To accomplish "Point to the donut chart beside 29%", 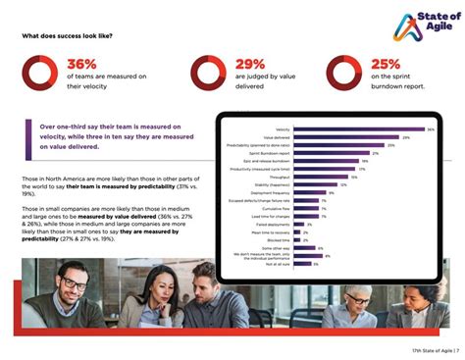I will pyautogui.click(x=208, y=73).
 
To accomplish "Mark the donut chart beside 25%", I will pyautogui.click(x=343, y=73).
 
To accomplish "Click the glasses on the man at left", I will pyautogui.click(x=75, y=283).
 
